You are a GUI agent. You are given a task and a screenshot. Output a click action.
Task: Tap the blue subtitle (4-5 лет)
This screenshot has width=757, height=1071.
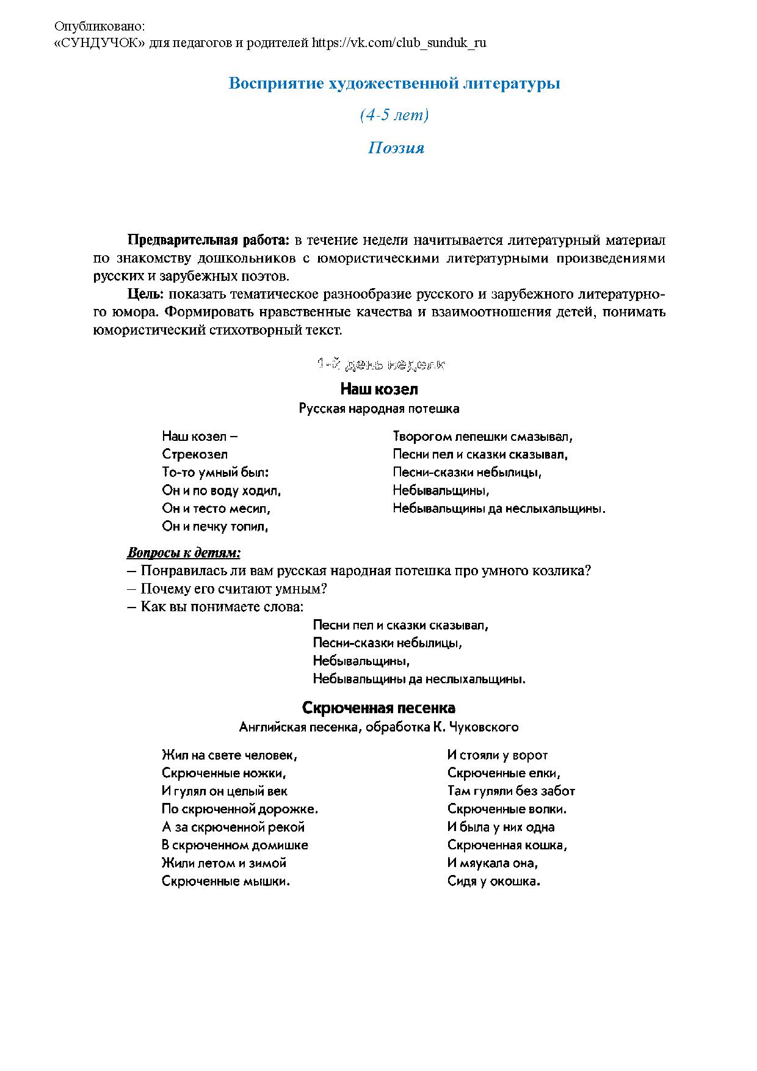point(394,115)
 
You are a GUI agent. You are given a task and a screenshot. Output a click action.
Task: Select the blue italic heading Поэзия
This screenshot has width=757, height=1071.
point(396,148)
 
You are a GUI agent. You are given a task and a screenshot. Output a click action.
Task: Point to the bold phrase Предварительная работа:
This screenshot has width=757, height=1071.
point(208,240)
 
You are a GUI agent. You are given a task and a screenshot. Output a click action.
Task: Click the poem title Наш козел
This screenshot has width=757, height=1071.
point(378,389)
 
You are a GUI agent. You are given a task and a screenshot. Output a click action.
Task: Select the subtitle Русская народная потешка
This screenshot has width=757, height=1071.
point(378,408)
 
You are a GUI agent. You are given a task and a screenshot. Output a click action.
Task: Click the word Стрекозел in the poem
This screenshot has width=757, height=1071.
point(195,454)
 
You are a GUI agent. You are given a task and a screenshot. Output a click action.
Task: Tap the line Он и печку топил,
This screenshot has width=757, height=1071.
point(215,526)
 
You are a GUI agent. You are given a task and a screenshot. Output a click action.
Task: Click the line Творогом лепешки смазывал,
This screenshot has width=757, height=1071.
point(482,437)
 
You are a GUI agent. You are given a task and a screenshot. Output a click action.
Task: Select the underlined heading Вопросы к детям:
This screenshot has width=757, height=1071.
point(184,553)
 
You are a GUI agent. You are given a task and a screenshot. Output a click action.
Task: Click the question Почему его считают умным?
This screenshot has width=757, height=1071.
point(234,589)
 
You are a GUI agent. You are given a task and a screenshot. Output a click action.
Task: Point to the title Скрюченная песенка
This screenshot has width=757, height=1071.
point(378,708)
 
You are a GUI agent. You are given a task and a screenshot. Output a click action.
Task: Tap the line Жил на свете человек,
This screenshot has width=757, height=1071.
point(229,755)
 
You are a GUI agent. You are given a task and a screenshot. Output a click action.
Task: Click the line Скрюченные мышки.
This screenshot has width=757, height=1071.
point(225,881)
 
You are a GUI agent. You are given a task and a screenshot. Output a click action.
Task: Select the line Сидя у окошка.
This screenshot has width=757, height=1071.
point(493,881)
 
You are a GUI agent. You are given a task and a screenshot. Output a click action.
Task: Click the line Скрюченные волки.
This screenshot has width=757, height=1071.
point(507,809)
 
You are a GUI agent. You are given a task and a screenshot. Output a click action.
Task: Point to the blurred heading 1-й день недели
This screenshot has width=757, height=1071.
point(381,365)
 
